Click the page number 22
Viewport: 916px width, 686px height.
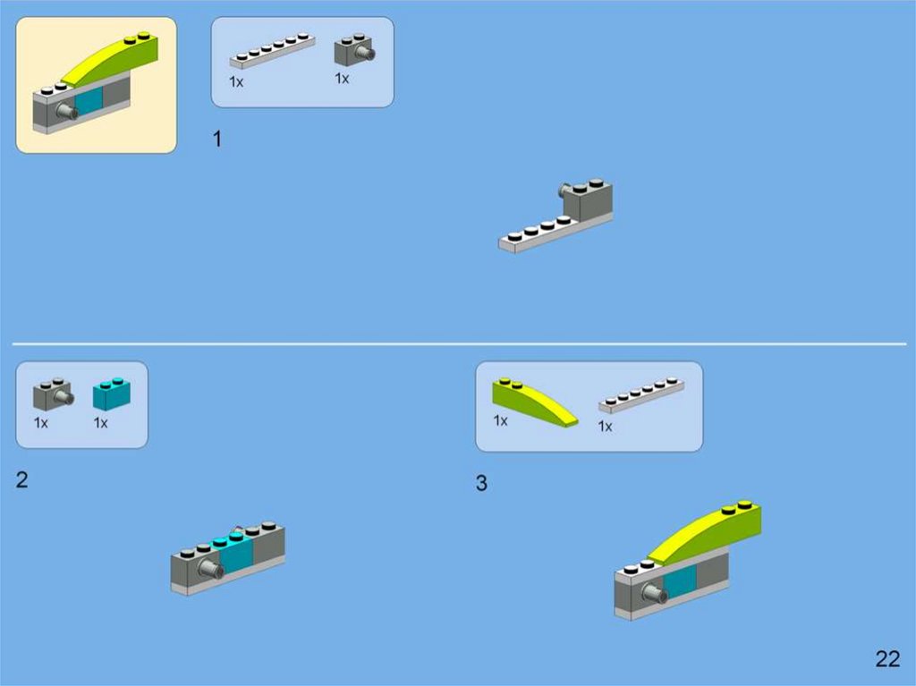887,659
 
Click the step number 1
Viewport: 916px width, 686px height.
217,139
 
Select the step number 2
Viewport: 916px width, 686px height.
22,479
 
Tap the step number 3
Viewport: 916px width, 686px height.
481,483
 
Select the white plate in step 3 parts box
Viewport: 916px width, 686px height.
641,395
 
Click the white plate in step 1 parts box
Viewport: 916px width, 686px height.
272,51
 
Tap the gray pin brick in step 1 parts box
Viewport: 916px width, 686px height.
354,50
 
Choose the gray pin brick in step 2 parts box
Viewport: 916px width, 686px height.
53,394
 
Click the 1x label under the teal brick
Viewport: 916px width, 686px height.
100,422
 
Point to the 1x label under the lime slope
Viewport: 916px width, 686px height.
500,420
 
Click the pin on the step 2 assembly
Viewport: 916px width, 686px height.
210,568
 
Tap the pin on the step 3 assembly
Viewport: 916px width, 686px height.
655,594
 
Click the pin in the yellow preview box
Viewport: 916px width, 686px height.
66,110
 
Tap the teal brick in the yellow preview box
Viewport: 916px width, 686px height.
89,100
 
